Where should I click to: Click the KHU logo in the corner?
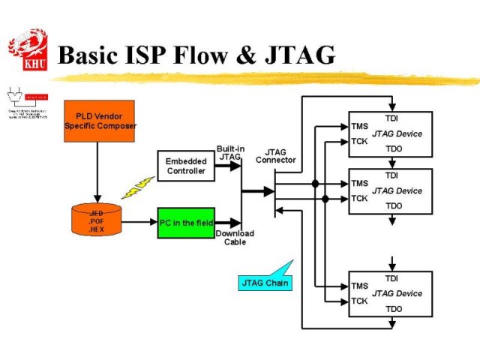coord(28,49)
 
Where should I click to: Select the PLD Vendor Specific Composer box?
coord(99,121)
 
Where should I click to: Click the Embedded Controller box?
coord(186,166)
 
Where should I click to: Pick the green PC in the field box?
coord(186,223)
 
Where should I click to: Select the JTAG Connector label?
coord(276,156)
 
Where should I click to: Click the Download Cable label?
coord(235,238)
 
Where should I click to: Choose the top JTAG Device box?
coord(390,133)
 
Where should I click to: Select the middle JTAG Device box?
coord(390,190)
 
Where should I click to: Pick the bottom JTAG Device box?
coord(390,293)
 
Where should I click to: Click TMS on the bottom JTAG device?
coord(359,286)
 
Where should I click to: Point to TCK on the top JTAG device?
coord(359,141)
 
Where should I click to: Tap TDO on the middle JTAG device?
coord(393,205)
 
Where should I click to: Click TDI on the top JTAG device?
coord(391,118)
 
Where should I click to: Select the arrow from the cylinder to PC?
coord(139,222)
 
